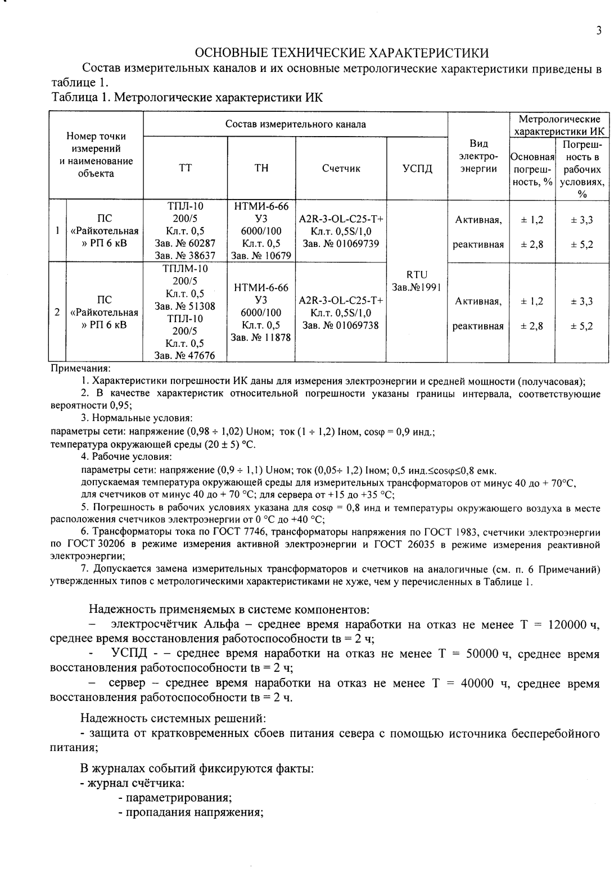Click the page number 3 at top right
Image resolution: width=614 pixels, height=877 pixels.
pos(599,31)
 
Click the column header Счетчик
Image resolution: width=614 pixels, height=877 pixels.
pos(341,168)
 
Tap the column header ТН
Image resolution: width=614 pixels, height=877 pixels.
pos(261,168)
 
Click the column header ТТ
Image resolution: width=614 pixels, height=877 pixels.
pos(185,168)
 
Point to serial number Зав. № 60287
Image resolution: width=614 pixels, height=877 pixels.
pos(185,243)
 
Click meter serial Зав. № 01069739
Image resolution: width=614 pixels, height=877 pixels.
pos(341,243)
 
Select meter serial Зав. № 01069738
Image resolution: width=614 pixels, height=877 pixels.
pos(341,325)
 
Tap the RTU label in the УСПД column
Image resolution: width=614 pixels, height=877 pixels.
pos(417,275)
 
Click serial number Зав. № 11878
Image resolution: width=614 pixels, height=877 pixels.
pos(261,337)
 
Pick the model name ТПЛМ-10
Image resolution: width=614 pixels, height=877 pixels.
pos(185,269)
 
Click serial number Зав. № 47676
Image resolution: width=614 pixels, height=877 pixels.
pos(185,355)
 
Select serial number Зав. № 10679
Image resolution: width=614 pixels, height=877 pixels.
pos(261,256)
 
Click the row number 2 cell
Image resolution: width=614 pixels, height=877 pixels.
pos(57,312)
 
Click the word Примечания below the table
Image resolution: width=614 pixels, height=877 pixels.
pos(80,369)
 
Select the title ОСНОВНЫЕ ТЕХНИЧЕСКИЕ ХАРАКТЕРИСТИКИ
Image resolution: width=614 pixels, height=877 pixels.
pos(341,53)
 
